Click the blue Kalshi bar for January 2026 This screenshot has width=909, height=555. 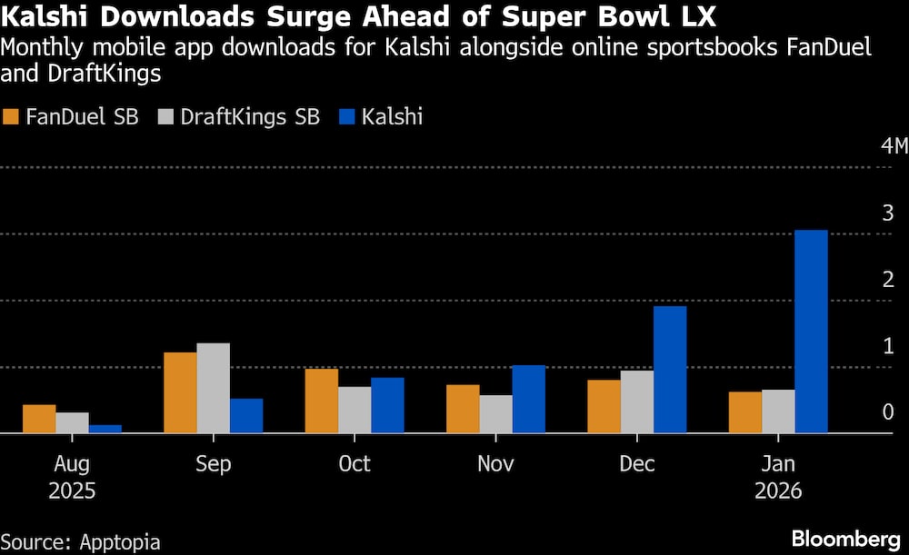point(811,332)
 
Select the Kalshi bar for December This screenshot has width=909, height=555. point(670,370)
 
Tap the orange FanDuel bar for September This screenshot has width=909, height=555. point(180,392)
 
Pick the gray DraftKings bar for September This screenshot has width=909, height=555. point(213,388)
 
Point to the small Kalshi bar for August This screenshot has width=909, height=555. point(105,429)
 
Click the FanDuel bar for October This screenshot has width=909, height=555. point(321,401)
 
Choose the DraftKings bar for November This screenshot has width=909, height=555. point(495,414)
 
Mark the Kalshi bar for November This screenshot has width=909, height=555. point(529,400)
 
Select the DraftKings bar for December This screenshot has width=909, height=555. point(637,401)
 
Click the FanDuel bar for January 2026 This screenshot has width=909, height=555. point(745,412)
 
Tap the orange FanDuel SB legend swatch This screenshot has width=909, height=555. point(12,117)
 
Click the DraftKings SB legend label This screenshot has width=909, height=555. point(250,117)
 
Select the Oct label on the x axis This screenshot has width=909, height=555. point(354,464)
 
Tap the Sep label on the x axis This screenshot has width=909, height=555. point(213,464)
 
